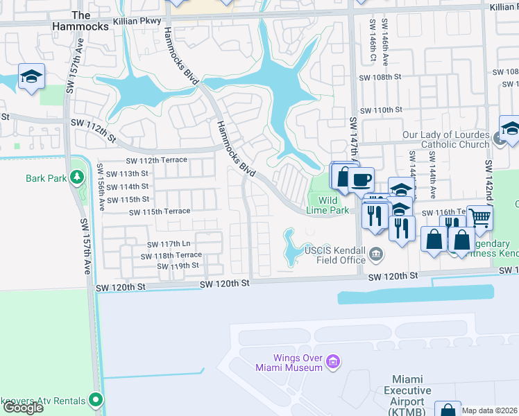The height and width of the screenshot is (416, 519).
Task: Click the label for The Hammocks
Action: tap(81, 20)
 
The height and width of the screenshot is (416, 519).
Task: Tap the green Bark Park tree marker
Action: tap(76, 178)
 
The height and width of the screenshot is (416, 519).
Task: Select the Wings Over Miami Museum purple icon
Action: tap(333, 362)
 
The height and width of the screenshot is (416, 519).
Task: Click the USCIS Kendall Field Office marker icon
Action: tap(376, 254)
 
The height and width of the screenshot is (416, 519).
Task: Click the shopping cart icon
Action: tap(479, 218)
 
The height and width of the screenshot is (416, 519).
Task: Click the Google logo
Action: tap(23, 408)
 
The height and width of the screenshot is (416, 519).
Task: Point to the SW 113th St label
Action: tap(124, 173)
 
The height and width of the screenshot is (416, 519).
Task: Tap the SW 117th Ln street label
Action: tap(168, 244)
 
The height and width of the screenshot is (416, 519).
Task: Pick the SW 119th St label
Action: tap(177, 266)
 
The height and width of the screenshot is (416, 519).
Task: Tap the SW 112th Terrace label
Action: tap(156, 160)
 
